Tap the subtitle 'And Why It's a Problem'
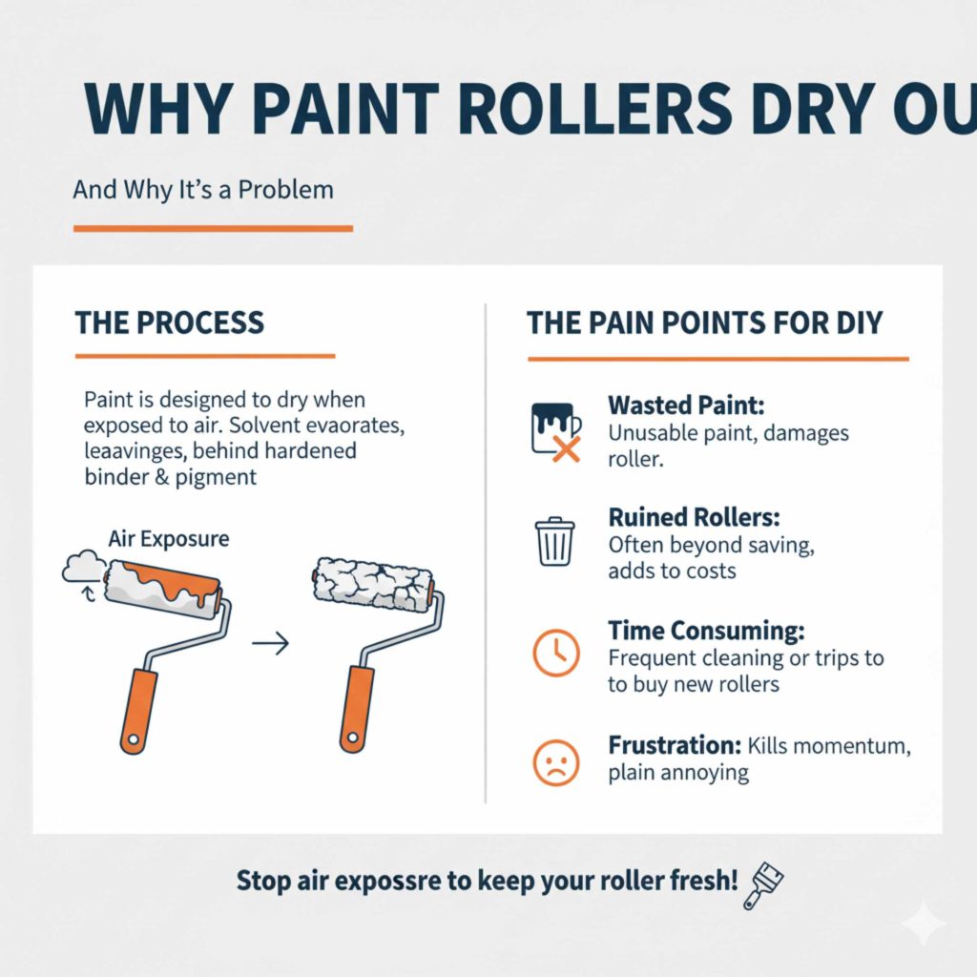point(203,189)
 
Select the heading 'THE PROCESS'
point(169,322)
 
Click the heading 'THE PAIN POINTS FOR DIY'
point(705,322)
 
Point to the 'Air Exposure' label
point(168,539)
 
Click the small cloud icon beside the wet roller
point(81,570)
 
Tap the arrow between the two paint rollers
point(270,646)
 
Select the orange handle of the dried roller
point(358,709)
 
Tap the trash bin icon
point(554,541)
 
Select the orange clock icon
point(554,654)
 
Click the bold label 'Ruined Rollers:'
point(694,518)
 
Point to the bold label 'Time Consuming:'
point(706,631)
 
